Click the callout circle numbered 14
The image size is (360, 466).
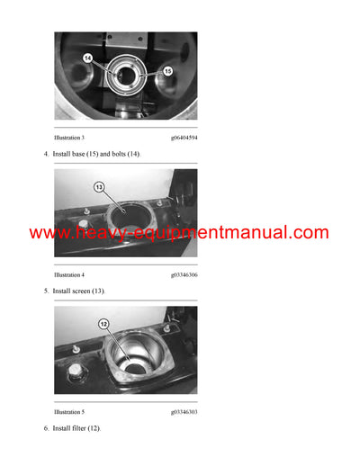tap(88, 58)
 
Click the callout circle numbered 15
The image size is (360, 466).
tap(166, 69)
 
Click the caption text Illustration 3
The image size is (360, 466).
tap(70, 137)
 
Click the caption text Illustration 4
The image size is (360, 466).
tap(70, 273)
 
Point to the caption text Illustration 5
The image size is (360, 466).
tap(70, 410)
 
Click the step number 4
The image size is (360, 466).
tap(46, 155)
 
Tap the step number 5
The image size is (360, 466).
tap(46, 291)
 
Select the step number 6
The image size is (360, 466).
tap(46, 428)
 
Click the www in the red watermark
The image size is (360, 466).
tap(49, 233)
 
